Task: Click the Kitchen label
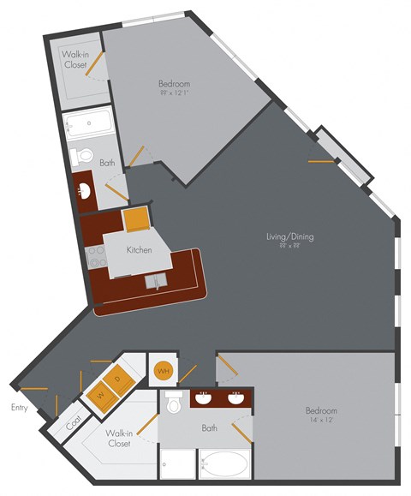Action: pos(139,250)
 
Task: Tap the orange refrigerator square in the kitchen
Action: pos(135,220)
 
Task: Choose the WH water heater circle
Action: pos(163,371)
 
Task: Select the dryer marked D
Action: pos(120,378)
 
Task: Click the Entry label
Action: pos(19,408)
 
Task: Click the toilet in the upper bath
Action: pos(80,157)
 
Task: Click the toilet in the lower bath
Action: pos(176,402)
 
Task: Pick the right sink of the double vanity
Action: pos(235,397)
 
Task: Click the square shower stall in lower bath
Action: pos(177,467)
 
